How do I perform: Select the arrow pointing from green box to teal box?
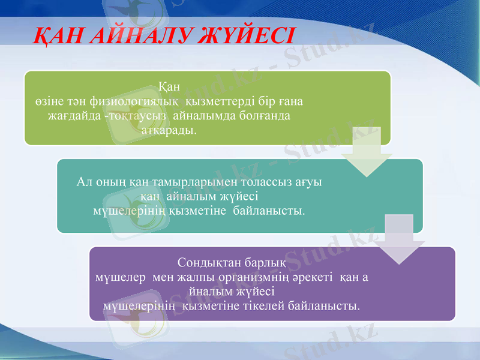366,152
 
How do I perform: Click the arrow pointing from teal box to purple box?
398,239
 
